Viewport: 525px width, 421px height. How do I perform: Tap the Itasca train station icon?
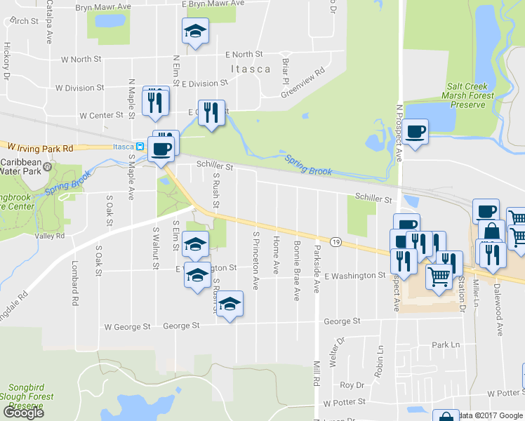tap(140, 147)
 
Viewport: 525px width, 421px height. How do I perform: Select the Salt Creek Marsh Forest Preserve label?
tap(466, 96)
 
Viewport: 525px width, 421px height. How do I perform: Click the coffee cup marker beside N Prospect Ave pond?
tap(415, 131)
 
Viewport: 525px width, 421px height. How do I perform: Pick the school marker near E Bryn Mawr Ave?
tap(194, 31)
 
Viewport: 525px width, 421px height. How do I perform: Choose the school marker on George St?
tap(228, 304)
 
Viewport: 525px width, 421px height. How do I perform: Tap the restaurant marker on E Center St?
tap(211, 112)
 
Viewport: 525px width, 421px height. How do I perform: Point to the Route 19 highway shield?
tap(337, 241)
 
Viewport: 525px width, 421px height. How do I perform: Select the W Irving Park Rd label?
tap(41, 148)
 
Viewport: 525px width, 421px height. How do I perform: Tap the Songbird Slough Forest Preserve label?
tap(27, 396)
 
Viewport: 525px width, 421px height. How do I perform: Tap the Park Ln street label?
tap(446, 345)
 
